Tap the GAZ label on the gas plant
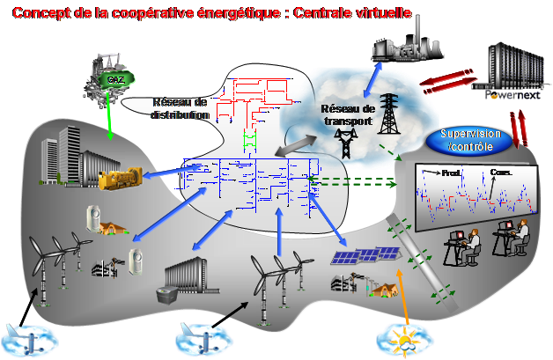[x=114, y=79]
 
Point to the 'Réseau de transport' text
[x=348, y=115]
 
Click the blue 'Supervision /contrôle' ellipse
[x=471, y=140]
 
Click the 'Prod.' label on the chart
[x=451, y=173]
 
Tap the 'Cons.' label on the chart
[x=501, y=173]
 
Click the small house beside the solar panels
[x=381, y=290]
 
